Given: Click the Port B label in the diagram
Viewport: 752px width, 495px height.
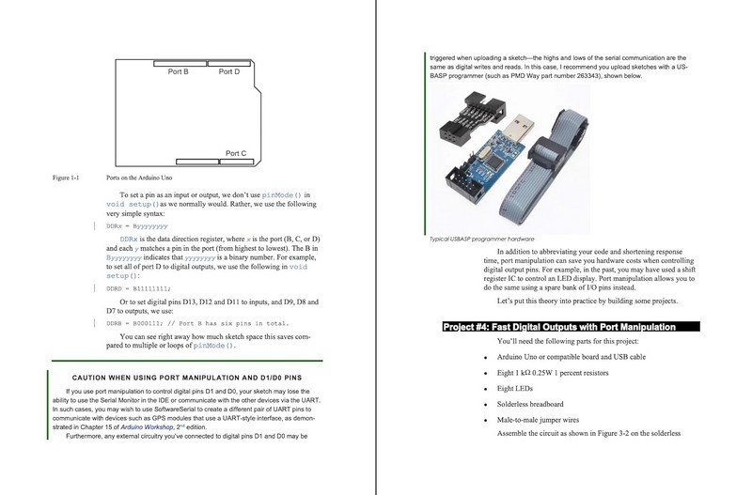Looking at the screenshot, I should [179, 71].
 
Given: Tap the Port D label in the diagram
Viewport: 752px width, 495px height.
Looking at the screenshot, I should [229, 71].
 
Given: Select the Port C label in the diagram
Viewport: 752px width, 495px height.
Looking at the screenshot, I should [236, 152].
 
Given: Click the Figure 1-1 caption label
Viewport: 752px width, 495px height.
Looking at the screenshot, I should [66, 178].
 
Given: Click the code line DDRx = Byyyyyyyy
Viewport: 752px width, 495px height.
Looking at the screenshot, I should [137, 226].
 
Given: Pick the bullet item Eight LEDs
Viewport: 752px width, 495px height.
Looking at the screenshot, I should [518, 388].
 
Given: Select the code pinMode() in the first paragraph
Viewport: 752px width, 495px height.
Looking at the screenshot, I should [284, 194].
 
